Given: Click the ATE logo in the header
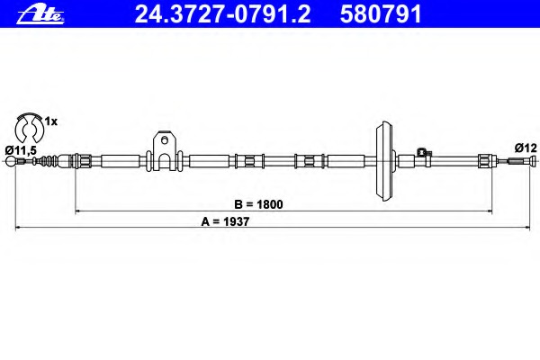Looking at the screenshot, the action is (x=40, y=15).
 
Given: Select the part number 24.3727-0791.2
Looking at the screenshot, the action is (x=222, y=14).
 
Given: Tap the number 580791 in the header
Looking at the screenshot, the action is (x=381, y=14).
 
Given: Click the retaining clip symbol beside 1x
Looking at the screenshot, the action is (x=30, y=128).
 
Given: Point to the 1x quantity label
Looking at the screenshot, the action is (x=51, y=121).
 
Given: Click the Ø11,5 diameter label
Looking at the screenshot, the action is (x=21, y=150).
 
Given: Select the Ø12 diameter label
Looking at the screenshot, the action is (x=526, y=148).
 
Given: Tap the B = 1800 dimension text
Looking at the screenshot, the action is (x=258, y=204).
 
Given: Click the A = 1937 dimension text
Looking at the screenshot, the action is (x=225, y=221).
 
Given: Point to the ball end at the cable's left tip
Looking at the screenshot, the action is (x=11, y=161).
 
